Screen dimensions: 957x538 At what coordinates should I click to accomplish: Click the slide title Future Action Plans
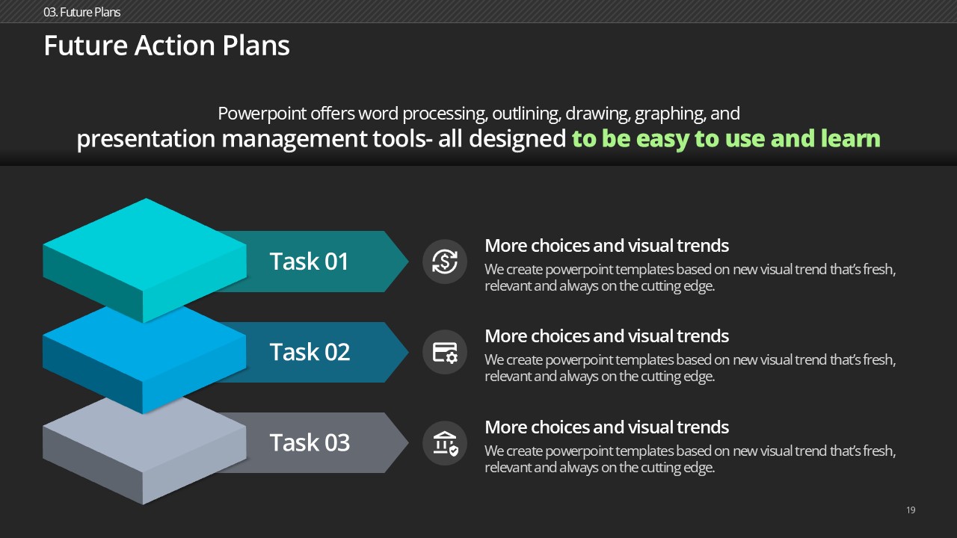167,46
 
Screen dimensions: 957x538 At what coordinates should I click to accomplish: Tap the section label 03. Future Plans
81,12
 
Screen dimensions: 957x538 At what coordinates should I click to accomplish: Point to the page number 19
911,510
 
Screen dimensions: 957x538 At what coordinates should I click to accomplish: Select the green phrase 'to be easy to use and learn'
726,139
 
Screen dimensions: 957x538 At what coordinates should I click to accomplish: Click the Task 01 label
309,261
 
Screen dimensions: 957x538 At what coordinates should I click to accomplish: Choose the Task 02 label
310,352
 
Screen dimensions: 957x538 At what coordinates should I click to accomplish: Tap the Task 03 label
310,442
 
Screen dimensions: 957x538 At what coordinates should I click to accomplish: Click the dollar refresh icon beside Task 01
445,262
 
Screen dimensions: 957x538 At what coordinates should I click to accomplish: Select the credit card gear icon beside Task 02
445,352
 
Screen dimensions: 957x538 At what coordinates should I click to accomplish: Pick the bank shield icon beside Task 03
445,443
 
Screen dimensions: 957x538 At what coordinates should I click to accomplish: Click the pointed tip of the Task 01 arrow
408,262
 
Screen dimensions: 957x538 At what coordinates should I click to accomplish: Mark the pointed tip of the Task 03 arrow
408,443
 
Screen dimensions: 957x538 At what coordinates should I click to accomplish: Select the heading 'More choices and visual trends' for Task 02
606,336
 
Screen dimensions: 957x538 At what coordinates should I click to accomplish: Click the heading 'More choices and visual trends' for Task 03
606,427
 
